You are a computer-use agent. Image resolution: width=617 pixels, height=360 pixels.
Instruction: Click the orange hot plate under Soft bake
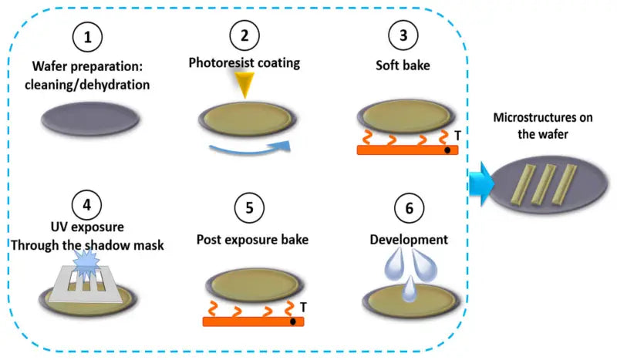[x=407, y=149]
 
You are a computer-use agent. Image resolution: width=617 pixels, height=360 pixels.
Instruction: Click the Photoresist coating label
[x=245, y=62]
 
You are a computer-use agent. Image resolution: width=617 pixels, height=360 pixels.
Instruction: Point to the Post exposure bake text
[x=252, y=240]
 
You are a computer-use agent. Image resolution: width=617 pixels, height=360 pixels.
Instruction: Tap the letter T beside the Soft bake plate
[x=457, y=135]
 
